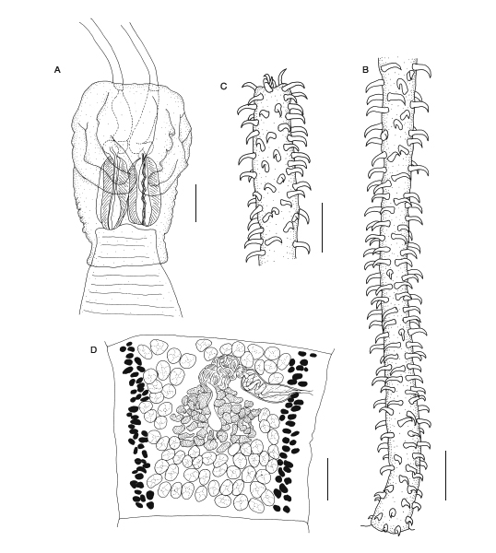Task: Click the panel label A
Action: [57, 70]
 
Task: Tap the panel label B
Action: [365, 70]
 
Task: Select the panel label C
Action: [223, 87]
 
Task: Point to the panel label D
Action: [93, 349]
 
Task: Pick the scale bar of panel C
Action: [322, 227]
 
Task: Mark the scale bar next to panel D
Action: [327, 478]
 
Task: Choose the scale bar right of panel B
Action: [445, 475]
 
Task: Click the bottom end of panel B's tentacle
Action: [387, 528]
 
